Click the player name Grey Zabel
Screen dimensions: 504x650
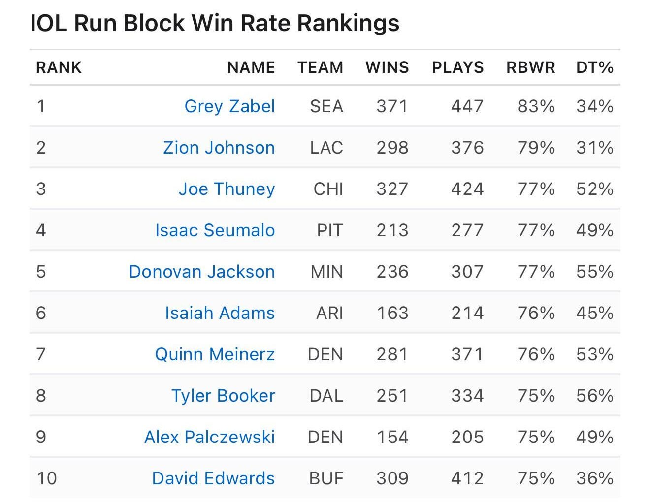[229, 106]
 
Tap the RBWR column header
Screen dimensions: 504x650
[530, 67]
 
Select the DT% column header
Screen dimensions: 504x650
[594, 67]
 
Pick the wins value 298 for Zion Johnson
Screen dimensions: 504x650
[392, 148]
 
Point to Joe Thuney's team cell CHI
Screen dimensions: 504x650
[328, 189]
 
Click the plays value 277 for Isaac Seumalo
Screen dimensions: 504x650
[467, 230]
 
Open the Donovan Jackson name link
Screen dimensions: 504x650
[201, 272]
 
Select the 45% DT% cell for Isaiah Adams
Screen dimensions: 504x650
[594, 313]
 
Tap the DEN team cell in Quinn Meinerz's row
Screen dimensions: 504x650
[325, 354]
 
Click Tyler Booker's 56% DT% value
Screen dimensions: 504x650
[594, 396]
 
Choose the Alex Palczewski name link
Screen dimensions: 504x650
[209, 437]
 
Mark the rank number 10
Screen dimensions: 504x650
[47, 478]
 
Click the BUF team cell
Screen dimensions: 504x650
[326, 478]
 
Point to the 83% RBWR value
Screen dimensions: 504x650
[536, 106]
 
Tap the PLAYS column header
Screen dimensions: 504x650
[457, 67]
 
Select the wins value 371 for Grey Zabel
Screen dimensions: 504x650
[392, 106]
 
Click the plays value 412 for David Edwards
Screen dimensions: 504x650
[467, 478]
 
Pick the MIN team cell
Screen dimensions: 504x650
[326, 272]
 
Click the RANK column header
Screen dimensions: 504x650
[59, 67]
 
